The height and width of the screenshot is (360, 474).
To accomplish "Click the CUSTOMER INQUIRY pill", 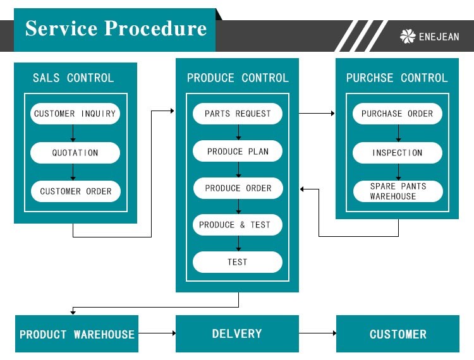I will click(x=75, y=114).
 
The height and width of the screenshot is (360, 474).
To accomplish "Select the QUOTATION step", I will click(x=75, y=153).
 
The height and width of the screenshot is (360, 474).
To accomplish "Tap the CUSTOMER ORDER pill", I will click(x=75, y=191).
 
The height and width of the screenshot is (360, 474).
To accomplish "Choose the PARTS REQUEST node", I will click(x=238, y=114).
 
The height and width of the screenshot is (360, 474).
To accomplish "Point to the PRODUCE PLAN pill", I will click(x=238, y=152).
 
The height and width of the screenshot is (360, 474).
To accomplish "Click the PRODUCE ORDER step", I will click(x=238, y=188).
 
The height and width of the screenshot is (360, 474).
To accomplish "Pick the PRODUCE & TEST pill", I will click(x=238, y=225).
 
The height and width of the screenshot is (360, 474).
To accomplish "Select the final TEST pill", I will click(x=238, y=262).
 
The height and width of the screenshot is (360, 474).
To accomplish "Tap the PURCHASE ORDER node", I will click(x=398, y=114).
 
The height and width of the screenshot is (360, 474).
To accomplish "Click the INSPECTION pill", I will click(x=398, y=153).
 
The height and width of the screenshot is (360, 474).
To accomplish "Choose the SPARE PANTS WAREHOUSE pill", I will click(x=398, y=191).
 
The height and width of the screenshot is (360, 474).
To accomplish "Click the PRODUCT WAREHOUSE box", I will click(x=77, y=334).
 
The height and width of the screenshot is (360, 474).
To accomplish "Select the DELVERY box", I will click(x=237, y=333).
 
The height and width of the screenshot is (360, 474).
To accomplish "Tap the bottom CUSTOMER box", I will click(x=398, y=334).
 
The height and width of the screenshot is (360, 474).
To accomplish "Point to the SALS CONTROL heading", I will click(x=73, y=78).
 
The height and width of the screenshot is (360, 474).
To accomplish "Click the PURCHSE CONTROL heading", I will click(x=397, y=78).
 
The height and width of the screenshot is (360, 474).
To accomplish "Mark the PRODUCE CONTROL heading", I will click(x=238, y=78).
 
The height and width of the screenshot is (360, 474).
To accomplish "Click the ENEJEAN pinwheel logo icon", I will click(x=408, y=37).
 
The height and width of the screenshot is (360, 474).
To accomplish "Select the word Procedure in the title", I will click(x=155, y=28).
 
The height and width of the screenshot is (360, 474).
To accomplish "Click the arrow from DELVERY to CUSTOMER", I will click(x=317, y=333).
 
